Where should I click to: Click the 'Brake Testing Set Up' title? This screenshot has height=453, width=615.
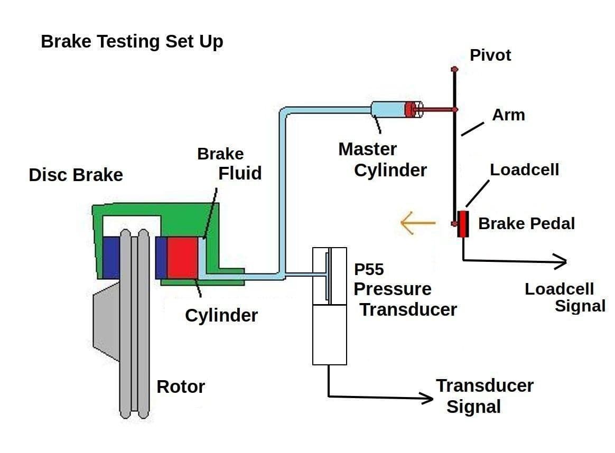pos(132,42)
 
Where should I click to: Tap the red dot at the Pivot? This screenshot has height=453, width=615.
pos(454,69)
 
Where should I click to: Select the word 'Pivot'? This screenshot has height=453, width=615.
pos(490,55)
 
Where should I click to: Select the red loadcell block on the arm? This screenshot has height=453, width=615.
pos(463,224)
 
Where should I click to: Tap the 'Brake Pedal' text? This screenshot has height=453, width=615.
pos(526,223)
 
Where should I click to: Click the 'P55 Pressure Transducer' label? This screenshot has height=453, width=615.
pos(404,289)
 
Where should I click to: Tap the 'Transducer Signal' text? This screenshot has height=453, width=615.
pos(484,396)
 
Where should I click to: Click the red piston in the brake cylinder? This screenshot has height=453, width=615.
pos(182,257)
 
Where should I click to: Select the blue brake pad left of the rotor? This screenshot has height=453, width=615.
pos(111,257)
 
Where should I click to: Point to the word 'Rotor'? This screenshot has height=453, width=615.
pos(181,387)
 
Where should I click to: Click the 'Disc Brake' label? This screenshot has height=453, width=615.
pos(76,175)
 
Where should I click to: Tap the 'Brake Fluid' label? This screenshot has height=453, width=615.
pos(230,163)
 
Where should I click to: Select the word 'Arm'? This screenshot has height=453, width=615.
pos(508,115)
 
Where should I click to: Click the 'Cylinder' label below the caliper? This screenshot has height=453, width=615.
pos(221,315)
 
